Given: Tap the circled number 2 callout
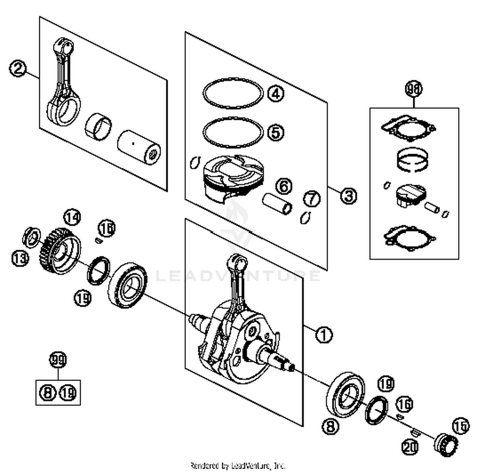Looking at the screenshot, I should tap(18, 68).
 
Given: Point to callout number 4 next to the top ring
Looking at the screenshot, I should tap(276, 94).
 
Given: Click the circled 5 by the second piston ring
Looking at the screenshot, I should tap(276, 132).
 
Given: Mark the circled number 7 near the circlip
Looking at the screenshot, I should tap(312, 199).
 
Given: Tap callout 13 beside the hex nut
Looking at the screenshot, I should tap(20, 258).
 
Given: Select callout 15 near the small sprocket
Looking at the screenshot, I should tap(461, 426).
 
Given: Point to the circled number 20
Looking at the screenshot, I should tap(410, 447).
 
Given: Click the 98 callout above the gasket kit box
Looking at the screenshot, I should tap(414, 89).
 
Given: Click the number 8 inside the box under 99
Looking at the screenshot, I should tap(48, 393).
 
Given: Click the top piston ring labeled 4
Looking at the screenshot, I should tap(233, 93).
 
